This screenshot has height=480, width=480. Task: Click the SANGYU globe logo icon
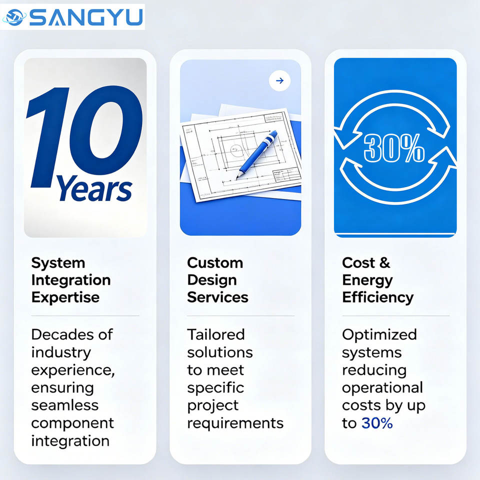(14, 17)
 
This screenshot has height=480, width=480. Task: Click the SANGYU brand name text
(86, 17)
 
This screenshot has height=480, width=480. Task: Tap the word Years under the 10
(94, 188)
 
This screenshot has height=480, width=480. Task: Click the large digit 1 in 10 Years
(48, 137)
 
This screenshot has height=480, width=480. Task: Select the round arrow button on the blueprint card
(279, 81)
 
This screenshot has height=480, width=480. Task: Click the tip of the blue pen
(236, 178)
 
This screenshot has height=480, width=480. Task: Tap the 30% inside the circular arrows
(394, 148)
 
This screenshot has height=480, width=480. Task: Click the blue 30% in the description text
(377, 423)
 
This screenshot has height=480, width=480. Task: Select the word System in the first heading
(58, 263)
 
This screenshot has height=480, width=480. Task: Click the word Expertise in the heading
(65, 297)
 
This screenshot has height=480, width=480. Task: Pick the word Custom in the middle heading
(215, 263)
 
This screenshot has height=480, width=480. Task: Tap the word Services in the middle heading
(217, 297)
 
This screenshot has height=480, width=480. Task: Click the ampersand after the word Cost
(384, 263)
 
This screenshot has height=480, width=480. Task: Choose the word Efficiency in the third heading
(378, 297)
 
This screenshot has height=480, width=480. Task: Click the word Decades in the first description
(62, 334)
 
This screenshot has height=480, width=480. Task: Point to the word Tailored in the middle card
(216, 334)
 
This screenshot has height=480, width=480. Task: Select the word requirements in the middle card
(235, 423)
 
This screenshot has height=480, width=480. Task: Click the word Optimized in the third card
(379, 334)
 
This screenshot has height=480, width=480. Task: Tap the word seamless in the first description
(65, 405)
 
